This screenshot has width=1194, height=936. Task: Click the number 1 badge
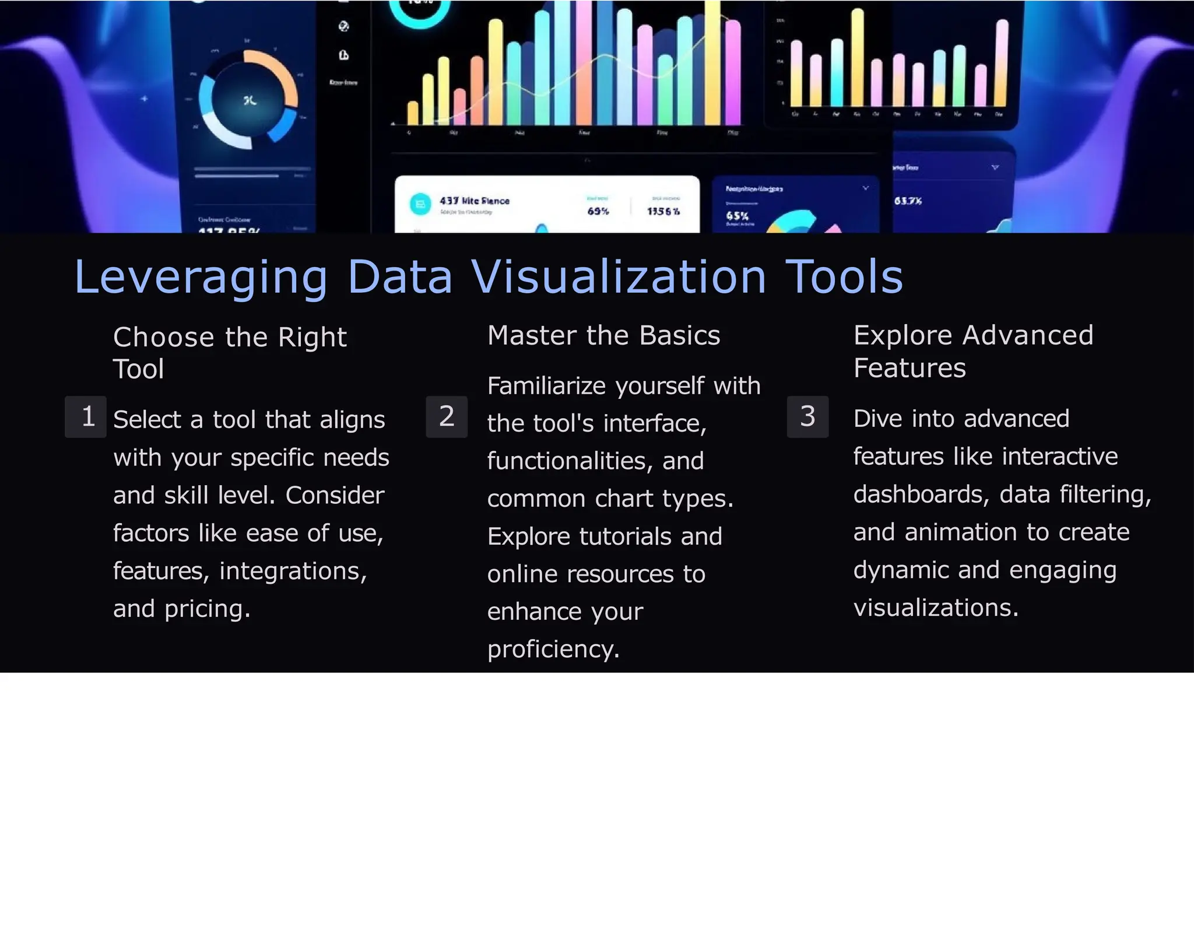point(86,416)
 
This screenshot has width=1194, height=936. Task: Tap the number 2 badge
point(447,416)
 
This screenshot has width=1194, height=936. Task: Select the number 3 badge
point(807,416)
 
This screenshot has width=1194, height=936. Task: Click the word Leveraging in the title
point(201,278)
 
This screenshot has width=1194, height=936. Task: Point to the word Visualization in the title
point(618,276)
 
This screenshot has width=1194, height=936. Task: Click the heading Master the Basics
point(603,335)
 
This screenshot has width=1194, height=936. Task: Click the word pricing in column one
point(207,609)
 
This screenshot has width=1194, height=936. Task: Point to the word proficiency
point(553,650)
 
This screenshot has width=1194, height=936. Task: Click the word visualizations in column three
point(935,608)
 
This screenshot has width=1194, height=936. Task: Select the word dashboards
point(921,495)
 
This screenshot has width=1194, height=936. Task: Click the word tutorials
point(625,537)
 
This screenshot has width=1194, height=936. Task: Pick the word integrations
point(293,572)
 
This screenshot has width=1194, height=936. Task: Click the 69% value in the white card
point(598,211)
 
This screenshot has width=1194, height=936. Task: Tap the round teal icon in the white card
point(420,204)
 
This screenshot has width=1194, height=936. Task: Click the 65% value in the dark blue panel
point(737,216)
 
